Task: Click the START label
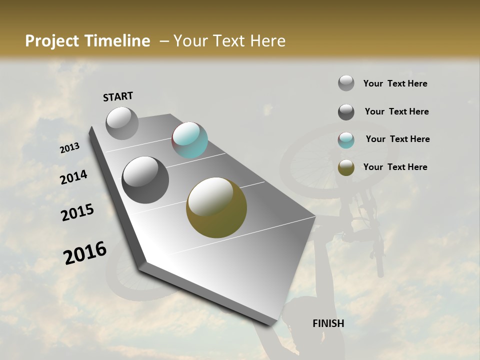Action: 118,96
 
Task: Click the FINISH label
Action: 328,323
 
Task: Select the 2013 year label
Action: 69,148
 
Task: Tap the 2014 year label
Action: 73,177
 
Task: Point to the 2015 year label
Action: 77,212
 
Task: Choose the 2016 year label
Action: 85,253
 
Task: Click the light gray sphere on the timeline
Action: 122,123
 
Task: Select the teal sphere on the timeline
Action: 189,140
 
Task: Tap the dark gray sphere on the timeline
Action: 145,180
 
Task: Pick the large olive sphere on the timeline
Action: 216,207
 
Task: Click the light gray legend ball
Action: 346,83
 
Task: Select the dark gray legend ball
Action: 346,112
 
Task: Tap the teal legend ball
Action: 346,140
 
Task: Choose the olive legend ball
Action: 346,167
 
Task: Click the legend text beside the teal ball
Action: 397,139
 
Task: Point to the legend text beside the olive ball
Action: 395,167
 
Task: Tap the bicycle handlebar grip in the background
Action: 380,265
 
